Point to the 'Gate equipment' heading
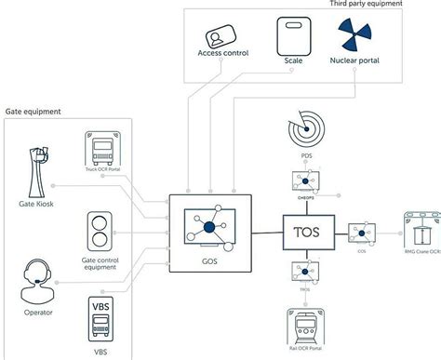[x=34, y=111]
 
